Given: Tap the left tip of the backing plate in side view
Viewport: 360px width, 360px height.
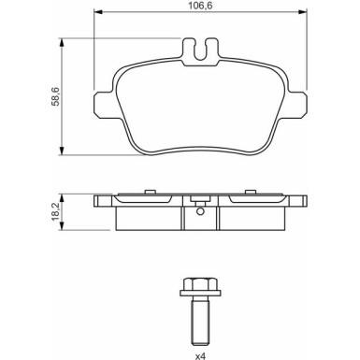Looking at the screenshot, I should click(97, 200).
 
